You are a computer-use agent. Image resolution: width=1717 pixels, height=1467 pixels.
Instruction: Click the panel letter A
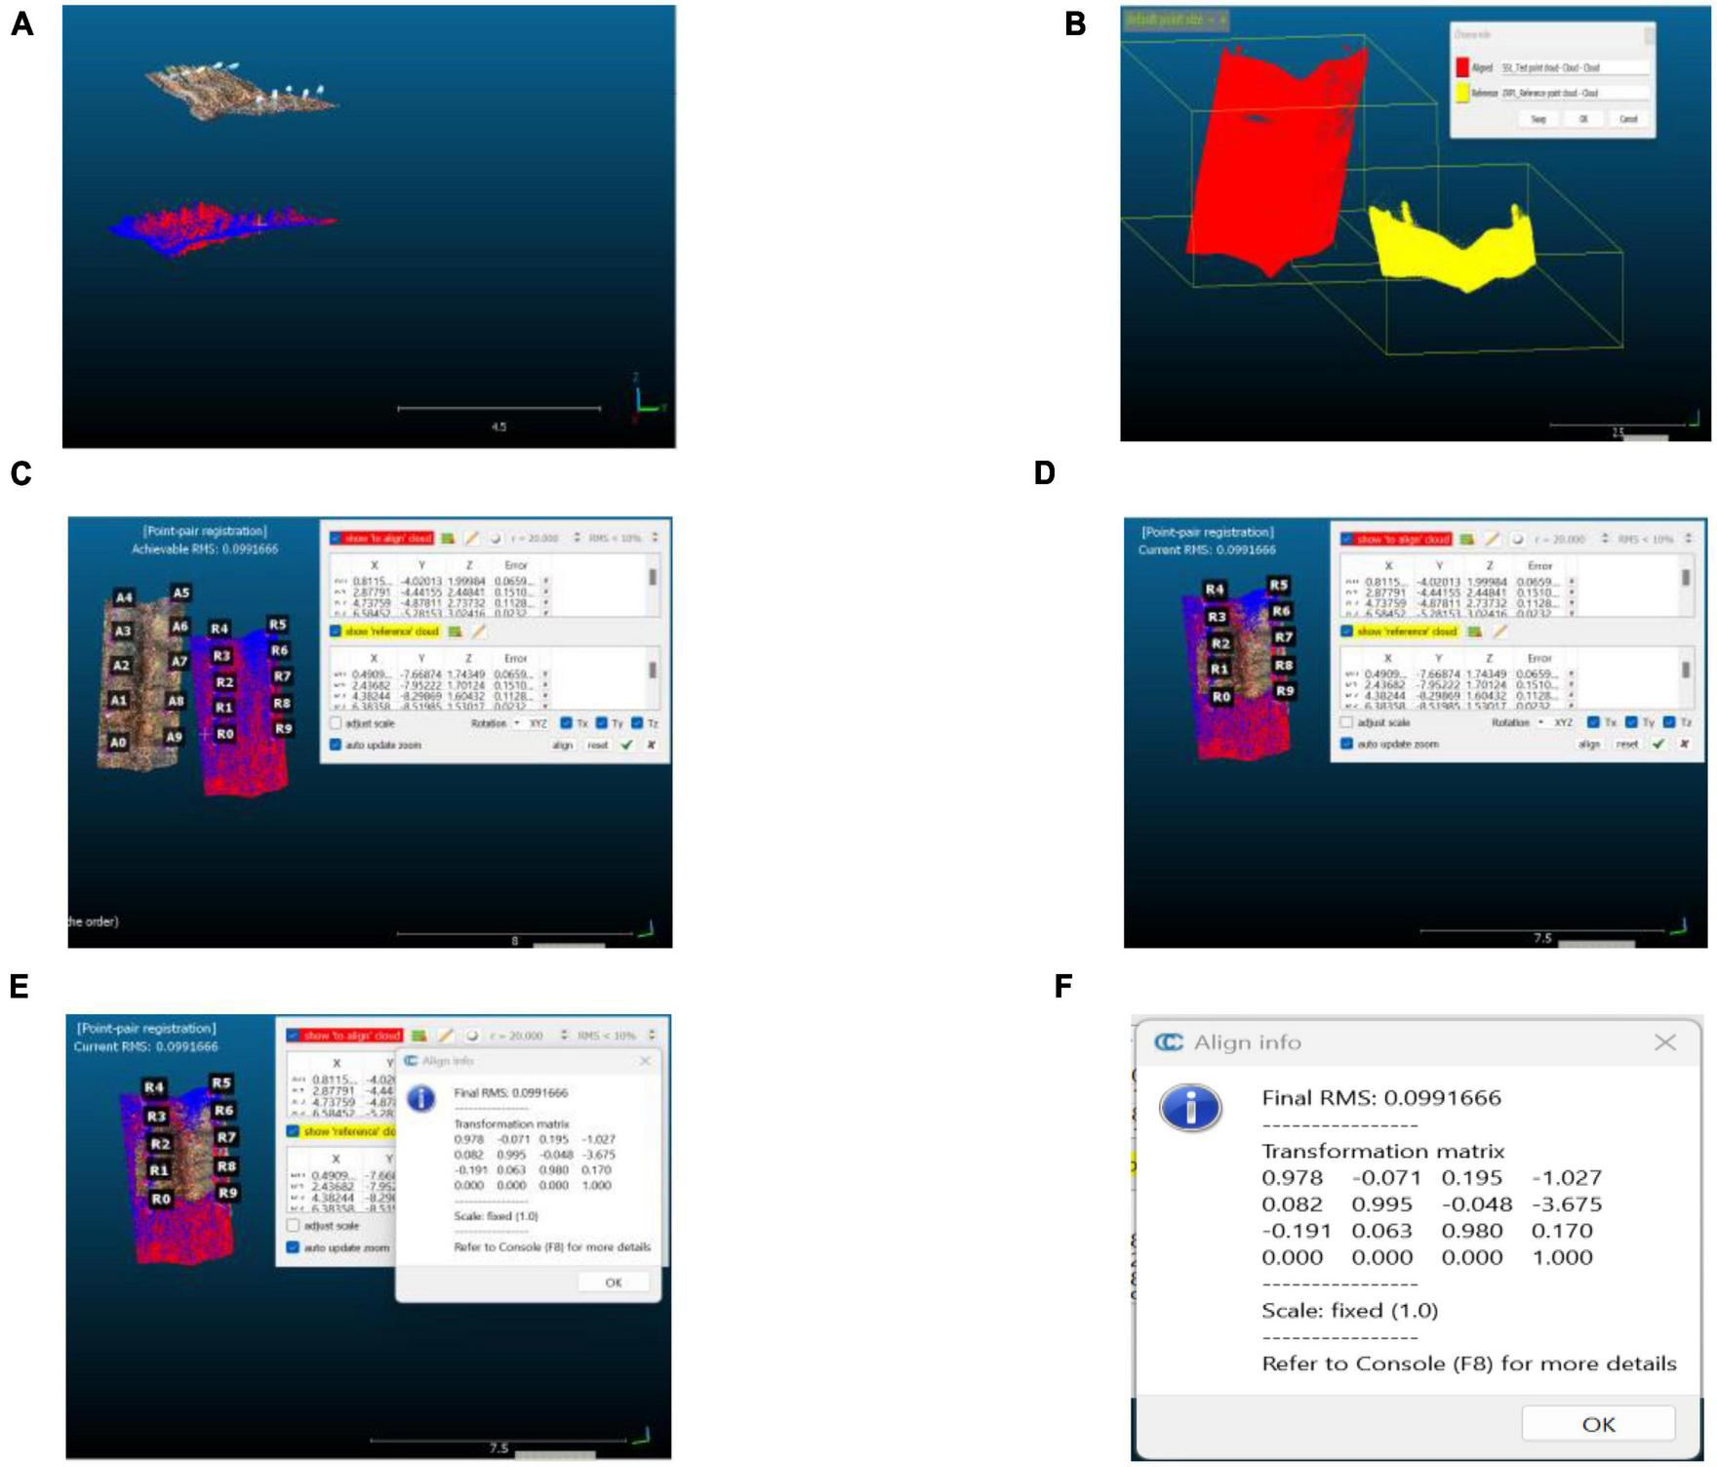(21, 24)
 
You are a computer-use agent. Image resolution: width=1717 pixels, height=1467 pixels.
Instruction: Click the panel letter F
(1063, 986)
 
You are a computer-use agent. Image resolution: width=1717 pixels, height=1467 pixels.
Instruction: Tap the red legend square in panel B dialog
(1461, 67)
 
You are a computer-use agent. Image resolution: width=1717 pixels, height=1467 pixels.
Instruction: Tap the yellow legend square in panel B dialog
(1461, 93)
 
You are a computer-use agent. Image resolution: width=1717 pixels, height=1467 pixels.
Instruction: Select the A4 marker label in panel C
(124, 597)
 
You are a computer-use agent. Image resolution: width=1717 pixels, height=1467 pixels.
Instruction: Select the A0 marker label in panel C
(118, 742)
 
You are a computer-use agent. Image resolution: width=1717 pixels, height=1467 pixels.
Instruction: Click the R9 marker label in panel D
(1285, 691)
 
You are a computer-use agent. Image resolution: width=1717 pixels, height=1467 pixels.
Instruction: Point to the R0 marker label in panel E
(161, 1199)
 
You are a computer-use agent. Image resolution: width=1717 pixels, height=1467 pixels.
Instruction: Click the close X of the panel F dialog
(1664, 1042)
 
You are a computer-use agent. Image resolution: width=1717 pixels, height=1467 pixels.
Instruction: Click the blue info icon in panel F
(1190, 1108)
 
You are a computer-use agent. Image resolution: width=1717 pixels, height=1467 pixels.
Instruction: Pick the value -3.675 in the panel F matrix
(1567, 1204)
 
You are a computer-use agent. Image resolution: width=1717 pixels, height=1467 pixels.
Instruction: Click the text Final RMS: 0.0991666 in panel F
(1380, 1098)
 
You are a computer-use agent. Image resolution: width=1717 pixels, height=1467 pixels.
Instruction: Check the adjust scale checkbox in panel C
(336, 723)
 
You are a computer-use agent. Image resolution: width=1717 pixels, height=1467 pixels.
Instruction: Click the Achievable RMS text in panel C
(205, 550)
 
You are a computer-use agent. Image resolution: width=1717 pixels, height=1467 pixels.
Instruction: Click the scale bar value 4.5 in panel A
(499, 427)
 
